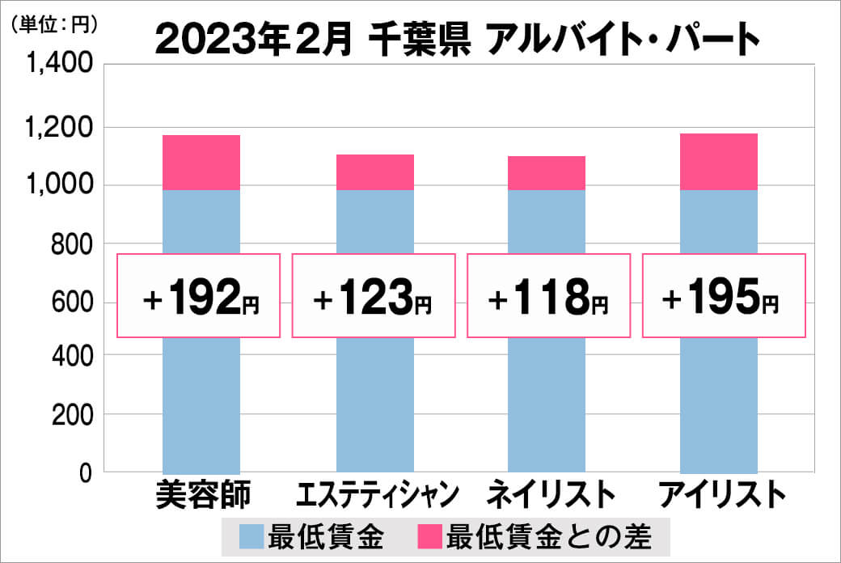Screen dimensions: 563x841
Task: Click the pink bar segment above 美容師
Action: coord(201,163)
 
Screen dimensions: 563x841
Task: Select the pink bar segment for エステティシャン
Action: coord(374,172)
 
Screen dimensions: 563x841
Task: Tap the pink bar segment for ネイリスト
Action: coord(547,173)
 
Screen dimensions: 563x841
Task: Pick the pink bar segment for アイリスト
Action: coord(719,162)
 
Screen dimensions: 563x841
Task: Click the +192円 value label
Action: coord(200,296)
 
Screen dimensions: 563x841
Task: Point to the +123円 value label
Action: coord(373,296)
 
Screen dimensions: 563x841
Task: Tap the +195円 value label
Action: coord(724,296)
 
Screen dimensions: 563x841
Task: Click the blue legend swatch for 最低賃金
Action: coord(251,535)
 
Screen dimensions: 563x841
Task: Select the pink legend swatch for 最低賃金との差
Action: coord(430,535)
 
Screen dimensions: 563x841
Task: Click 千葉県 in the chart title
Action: coord(418,36)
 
